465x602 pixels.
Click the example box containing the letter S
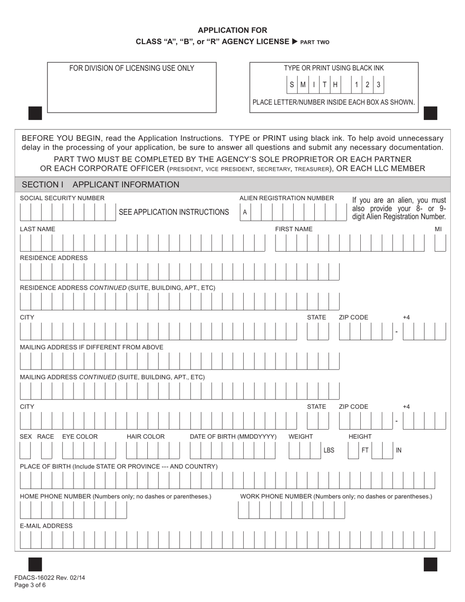(x=292, y=85)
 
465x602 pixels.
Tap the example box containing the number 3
(x=378, y=85)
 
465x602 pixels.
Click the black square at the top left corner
(x=35, y=114)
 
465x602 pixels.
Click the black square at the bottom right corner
(x=430, y=564)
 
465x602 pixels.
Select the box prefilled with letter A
(x=245, y=212)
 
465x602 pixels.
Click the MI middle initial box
(x=440, y=243)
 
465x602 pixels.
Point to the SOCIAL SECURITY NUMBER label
(x=62, y=198)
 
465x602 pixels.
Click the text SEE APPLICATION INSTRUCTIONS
(x=174, y=212)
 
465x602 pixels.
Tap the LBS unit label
(x=329, y=450)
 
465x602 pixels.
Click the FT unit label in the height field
(x=365, y=450)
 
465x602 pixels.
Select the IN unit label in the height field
(x=398, y=450)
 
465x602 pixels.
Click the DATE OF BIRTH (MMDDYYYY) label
(x=233, y=437)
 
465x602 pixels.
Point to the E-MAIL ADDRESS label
(x=46, y=526)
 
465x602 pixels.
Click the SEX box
(x=25, y=450)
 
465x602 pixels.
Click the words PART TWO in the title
(x=315, y=43)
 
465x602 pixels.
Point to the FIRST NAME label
(x=293, y=229)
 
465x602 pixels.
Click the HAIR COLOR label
(x=145, y=437)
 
